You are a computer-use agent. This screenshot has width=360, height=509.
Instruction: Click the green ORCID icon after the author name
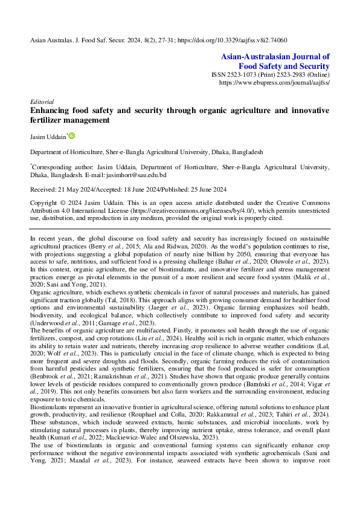pos(72,137)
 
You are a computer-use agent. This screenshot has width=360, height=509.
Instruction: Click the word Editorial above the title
pos(42,102)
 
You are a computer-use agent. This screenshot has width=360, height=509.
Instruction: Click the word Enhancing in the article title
pos(52,111)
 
